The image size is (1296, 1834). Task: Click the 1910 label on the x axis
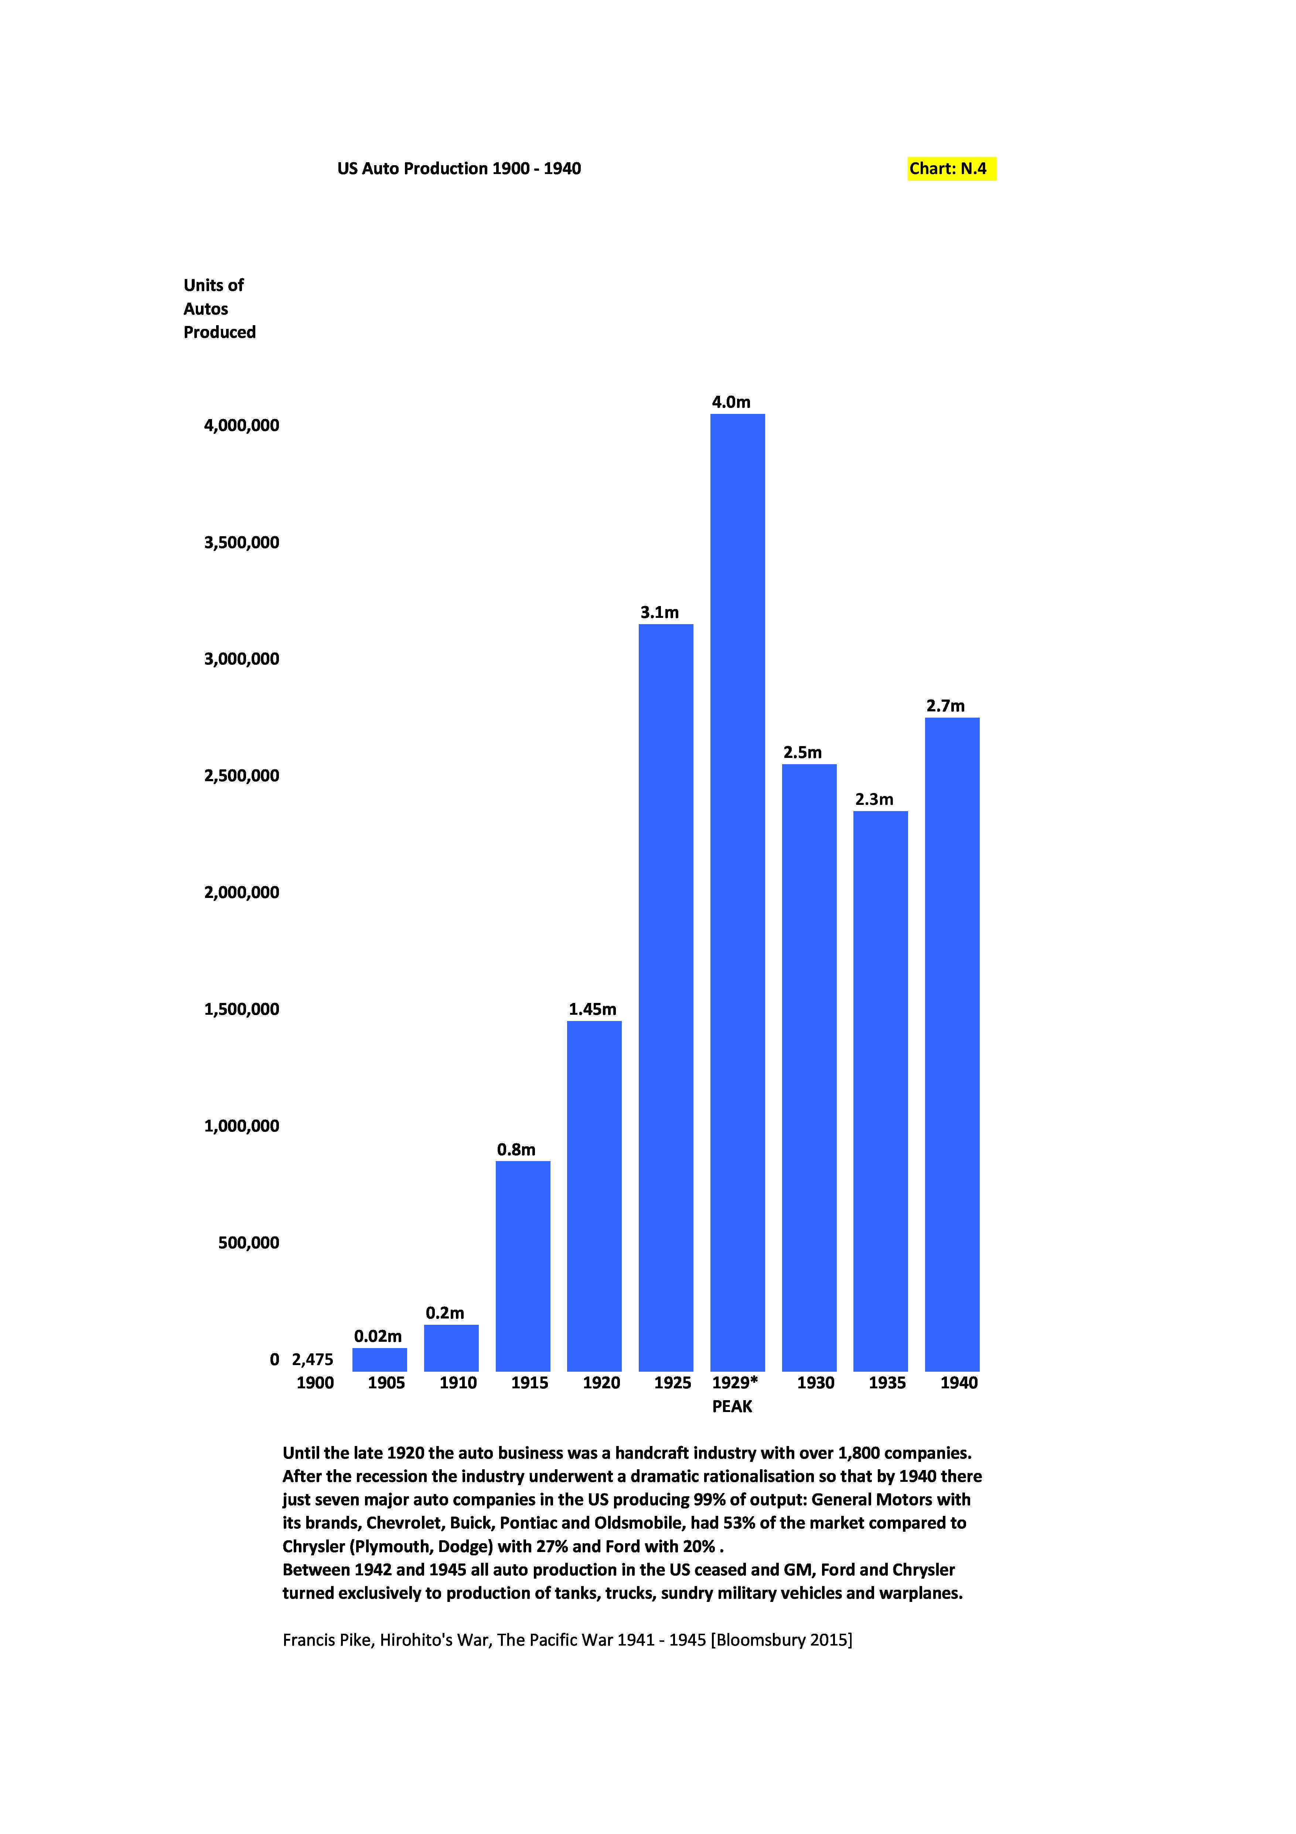pos(457,1384)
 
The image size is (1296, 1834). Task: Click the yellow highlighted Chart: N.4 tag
pos(950,169)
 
